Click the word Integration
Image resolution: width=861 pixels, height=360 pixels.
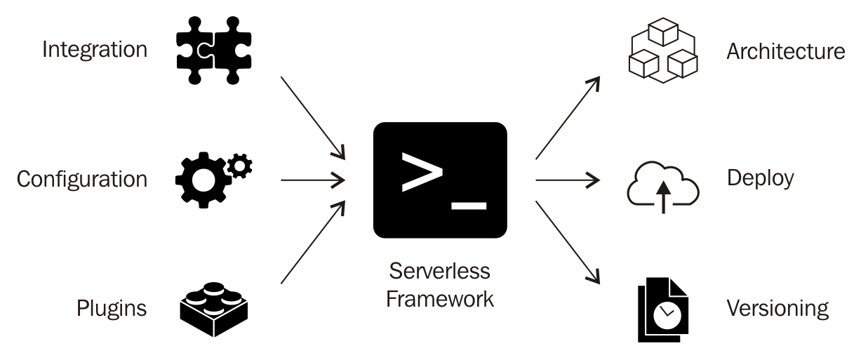point(95,51)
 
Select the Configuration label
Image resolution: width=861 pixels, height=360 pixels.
point(82,180)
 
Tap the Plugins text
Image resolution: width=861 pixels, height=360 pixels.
point(112,309)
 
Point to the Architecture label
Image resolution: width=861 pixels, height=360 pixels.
point(786,51)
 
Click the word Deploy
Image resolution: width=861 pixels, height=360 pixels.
point(760,179)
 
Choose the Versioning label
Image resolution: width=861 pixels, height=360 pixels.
point(777,309)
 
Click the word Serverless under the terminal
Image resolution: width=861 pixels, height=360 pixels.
point(439,271)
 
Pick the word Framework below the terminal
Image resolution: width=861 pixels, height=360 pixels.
point(440,299)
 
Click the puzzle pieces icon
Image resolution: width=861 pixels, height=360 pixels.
point(214,51)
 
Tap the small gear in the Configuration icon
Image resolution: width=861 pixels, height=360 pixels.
point(240,166)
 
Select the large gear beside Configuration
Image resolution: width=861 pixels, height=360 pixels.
point(203,180)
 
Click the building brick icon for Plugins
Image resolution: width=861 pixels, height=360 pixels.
point(214,309)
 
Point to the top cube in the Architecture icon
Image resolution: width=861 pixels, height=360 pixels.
point(663,32)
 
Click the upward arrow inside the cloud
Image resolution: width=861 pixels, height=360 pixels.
point(663,197)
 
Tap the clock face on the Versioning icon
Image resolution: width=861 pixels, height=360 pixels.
point(667,316)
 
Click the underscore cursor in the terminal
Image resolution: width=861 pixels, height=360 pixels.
point(469,206)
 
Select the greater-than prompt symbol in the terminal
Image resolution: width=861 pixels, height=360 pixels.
point(422,172)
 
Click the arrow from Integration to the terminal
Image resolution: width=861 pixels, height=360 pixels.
point(313,118)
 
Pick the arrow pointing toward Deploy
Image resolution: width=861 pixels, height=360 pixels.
point(568,180)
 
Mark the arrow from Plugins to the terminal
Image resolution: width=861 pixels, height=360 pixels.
point(313,242)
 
